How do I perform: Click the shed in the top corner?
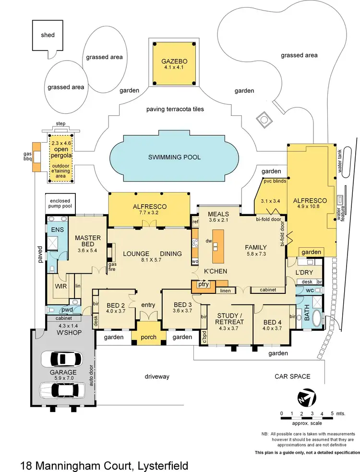point(48,35)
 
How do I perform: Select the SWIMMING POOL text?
point(174,157)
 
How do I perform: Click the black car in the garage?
point(61,359)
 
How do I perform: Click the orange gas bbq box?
point(36,157)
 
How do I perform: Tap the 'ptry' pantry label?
point(204,284)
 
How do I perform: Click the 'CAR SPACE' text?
point(292,376)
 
